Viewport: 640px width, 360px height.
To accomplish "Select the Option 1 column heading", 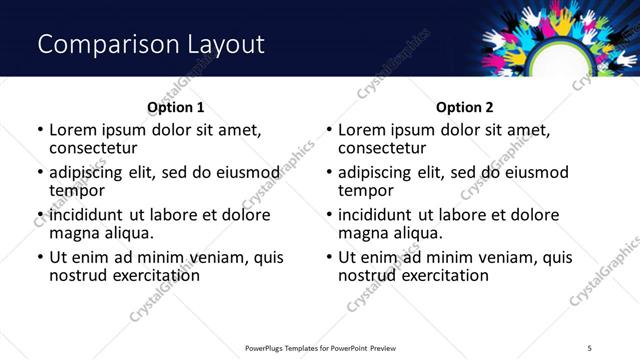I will pos(175,107).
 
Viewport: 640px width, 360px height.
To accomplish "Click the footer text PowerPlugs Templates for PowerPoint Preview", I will pos(320,347).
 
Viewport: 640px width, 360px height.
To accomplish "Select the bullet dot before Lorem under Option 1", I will pos(40,131).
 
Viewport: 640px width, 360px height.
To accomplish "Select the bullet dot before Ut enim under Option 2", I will pos(329,257).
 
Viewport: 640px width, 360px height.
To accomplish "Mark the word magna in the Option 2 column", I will pos(363,233).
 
